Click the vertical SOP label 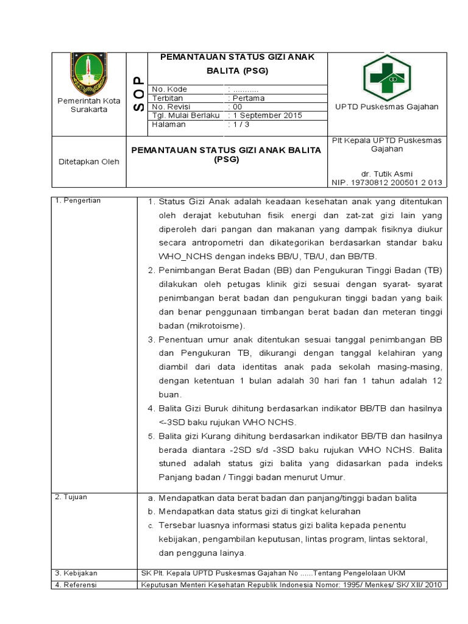[137, 94]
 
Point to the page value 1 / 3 [238, 124]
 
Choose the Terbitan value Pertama [246, 98]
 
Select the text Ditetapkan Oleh [89, 161]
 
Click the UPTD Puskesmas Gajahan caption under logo [387, 107]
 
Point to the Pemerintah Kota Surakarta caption [89, 105]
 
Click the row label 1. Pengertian [78, 200]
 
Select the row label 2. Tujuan [71, 497]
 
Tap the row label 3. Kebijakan [76, 573]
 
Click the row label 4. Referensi [76, 584]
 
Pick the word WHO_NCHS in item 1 [182, 257]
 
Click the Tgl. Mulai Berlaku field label [185, 115]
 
